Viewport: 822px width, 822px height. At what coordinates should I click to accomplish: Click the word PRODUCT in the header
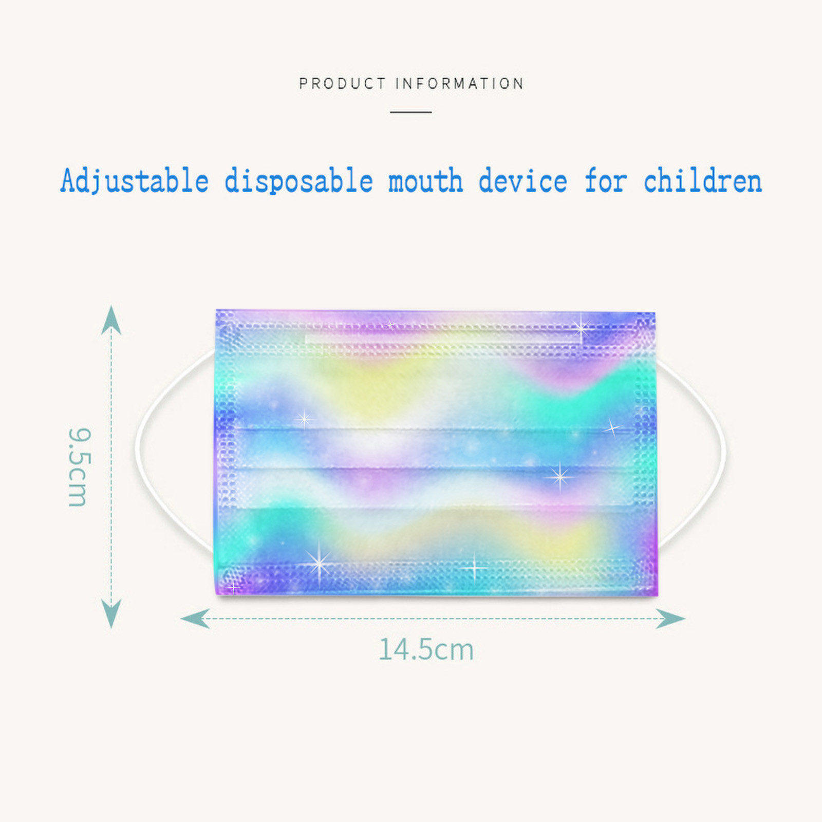[342, 83]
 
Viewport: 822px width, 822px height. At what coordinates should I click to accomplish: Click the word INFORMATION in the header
[460, 83]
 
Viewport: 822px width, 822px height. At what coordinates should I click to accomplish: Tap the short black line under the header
[410, 111]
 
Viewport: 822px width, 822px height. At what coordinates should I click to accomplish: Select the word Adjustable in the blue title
[135, 181]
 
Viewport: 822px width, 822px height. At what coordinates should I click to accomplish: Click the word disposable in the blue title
[298, 181]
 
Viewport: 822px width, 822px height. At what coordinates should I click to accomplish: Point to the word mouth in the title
[425, 181]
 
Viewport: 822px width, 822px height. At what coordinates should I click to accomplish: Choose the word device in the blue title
[522, 181]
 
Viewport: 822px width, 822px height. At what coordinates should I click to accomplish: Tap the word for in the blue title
[606, 181]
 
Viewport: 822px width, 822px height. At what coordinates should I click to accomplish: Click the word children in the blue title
[702, 181]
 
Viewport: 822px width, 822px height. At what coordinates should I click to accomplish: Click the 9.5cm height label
[79, 467]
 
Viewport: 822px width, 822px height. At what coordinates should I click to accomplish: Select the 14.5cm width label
[426, 649]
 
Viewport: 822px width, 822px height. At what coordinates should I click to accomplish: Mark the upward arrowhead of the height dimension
[111, 320]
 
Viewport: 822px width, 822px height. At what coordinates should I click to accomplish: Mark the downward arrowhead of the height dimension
[111, 613]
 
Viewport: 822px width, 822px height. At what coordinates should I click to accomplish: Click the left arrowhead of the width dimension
[195, 619]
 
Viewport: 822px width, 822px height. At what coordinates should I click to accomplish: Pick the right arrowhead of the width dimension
[670, 619]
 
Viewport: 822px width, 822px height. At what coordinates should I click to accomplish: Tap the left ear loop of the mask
[138, 452]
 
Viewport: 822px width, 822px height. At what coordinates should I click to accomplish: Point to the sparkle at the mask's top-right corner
[581, 326]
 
